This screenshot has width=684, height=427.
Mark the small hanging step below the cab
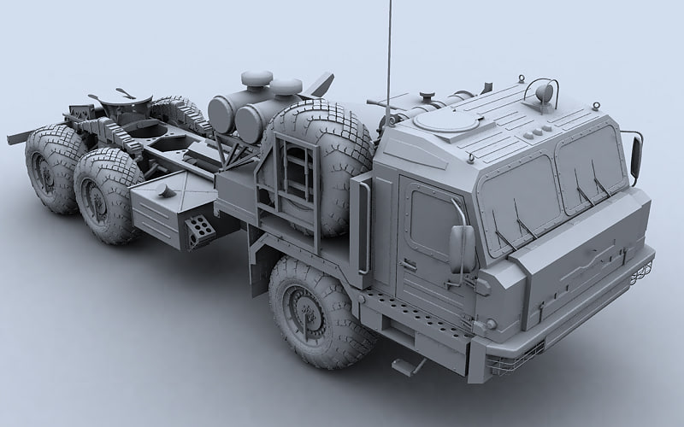(x=408, y=365)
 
